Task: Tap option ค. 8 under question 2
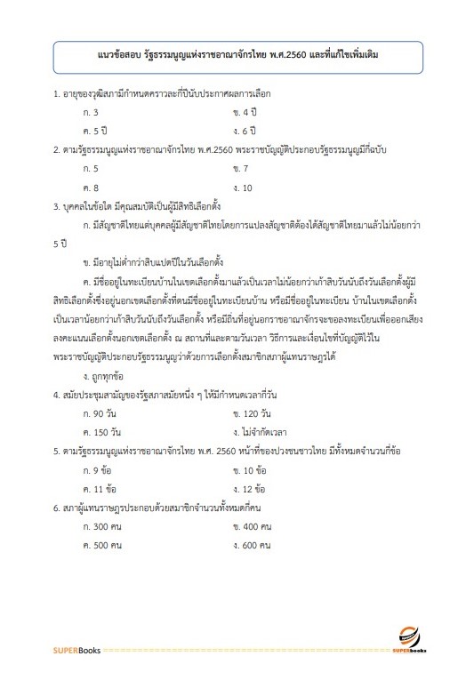[90, 188]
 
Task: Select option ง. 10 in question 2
[243, 188]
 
